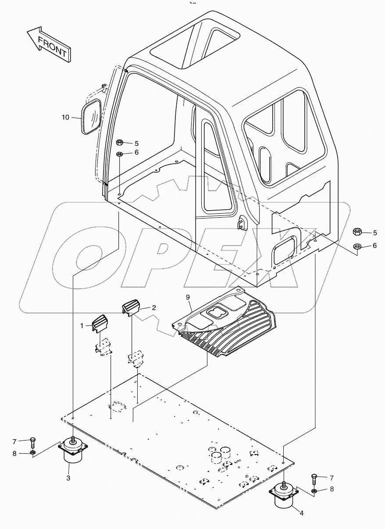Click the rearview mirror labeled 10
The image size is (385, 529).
click(92, 117)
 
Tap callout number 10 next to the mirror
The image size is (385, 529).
click(65, 117)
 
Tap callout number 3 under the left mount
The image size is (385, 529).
click(68, 478)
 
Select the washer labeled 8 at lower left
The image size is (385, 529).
click(32, 453)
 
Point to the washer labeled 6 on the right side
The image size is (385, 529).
click(357, 246)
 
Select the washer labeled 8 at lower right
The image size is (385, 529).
click(314, 489)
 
